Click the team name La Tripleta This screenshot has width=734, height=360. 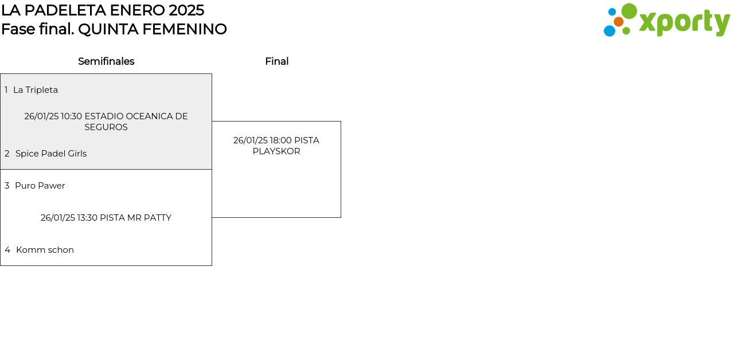point(36,90)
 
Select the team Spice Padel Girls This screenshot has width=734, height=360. point(51,154)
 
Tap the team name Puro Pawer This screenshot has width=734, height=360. point(40,186)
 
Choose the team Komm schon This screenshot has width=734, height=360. point(45,250)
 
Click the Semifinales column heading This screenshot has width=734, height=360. point(106,61)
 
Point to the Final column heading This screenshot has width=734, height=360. point(277,61)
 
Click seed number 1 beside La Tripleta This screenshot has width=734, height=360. point(6,90)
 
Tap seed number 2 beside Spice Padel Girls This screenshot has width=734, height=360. point(7,154)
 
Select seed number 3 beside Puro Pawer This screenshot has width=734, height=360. point(7,186)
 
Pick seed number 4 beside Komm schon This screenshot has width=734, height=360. point(7,250)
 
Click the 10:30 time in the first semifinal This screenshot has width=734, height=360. point(72,116)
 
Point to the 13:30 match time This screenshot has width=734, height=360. point(88,218)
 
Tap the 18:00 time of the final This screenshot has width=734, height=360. point(280,140)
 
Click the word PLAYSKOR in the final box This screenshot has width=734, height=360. point(276,151)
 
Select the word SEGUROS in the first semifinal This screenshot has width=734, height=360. point(106,127)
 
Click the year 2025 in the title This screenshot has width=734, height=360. point(186,10)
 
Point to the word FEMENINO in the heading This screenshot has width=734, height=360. point(185,29)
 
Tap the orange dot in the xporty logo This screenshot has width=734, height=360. point(618,22)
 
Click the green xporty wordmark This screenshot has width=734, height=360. point(685,23)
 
